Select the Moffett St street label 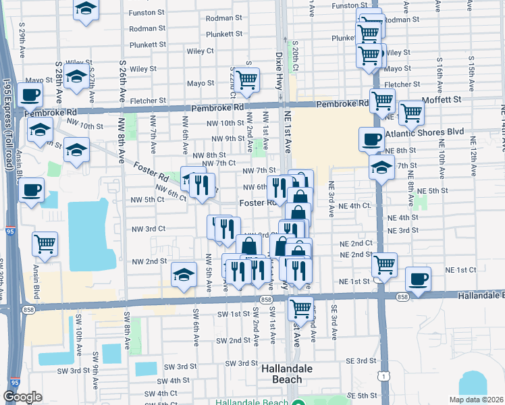(442, 99)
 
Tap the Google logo (22, 397)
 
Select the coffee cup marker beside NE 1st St (418, 279)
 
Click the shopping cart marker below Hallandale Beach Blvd (301, 308)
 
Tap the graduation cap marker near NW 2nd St (184, 274)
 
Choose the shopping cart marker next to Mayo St (247, 79)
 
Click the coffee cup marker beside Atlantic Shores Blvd (371, 139)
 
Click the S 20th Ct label (295, 55)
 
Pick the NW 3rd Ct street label (148, 229)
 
